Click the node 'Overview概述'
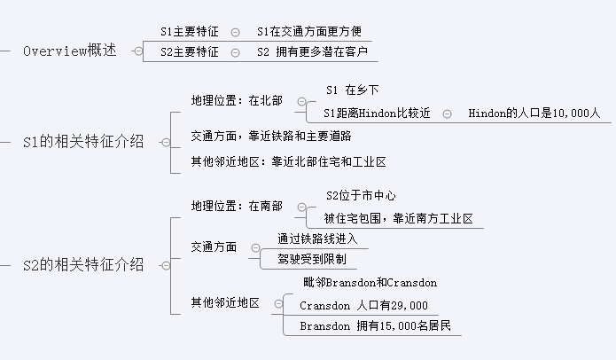69,51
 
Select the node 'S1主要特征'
190,31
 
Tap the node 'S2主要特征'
190,52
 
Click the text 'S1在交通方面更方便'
309,31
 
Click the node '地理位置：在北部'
238,101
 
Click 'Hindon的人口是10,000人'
534,113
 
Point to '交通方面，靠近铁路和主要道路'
271,136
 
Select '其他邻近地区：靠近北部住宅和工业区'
289,162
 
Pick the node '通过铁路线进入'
309,239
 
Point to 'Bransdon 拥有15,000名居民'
375,326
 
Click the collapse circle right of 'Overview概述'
137,51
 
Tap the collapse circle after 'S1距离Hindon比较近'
448,113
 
